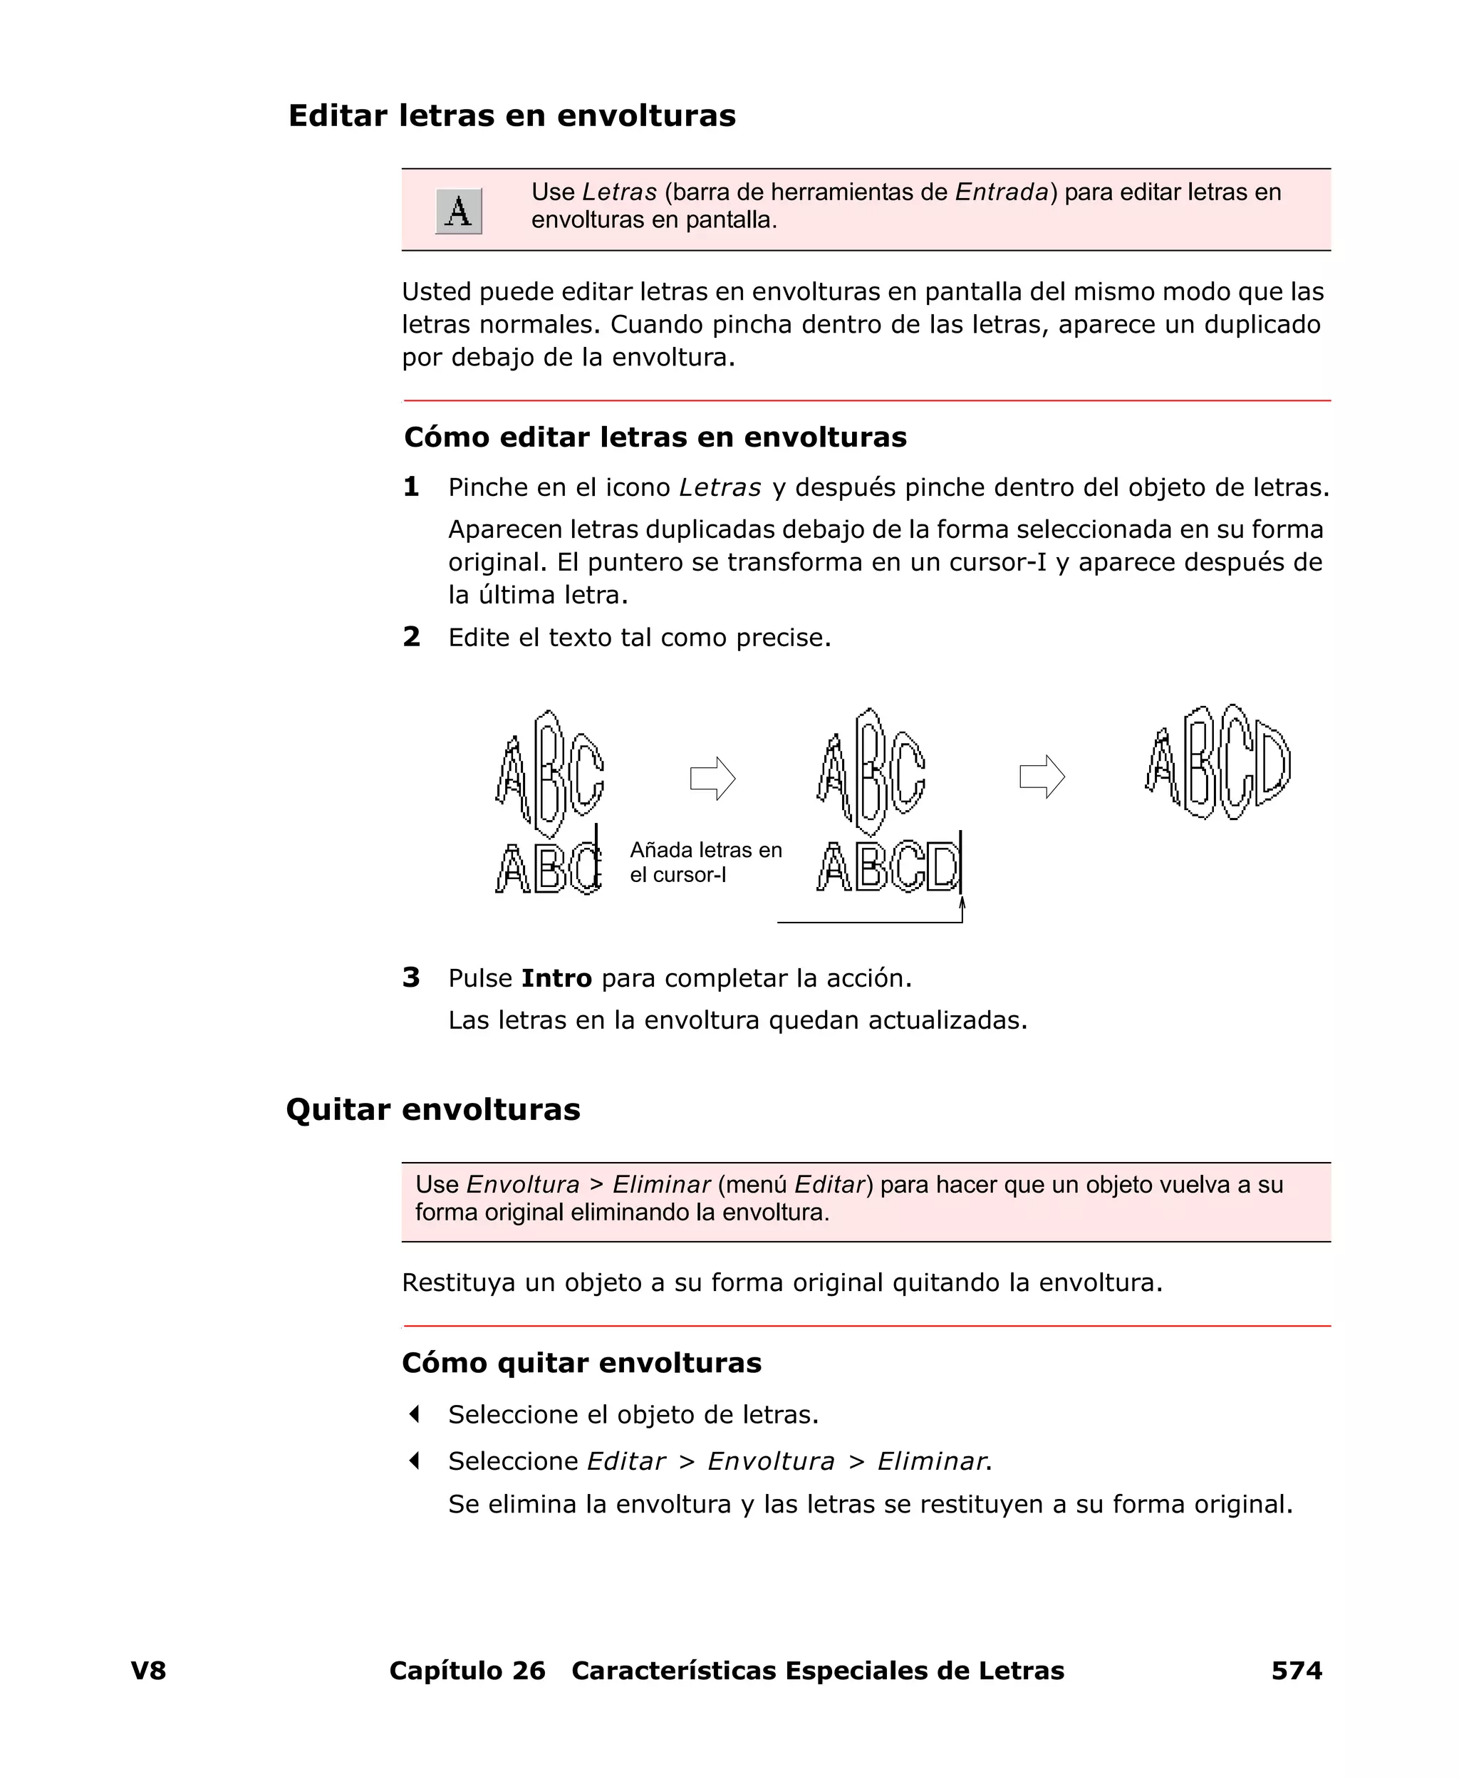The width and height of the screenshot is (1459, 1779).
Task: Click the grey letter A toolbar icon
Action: pyautogui.click(x=458, y=211)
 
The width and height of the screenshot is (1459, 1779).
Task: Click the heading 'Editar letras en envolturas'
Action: pyautogui.click(x=512, y=116)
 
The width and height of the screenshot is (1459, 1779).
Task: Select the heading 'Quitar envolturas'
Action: pyautogui.click(x=433, y=1109)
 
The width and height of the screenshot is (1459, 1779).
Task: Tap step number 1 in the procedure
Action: pyautogui.click(x=411, y=487)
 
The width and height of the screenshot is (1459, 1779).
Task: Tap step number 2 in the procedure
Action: pyautogui.click(x=411, y=636)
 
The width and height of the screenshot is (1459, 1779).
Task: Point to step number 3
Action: pyautogui.click(x=411, y=977)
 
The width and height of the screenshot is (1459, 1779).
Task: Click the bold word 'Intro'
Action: pyautogui.click(x=556, y=978)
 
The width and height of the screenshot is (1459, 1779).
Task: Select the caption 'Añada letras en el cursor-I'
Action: pyautogui.click(x=705, y=862)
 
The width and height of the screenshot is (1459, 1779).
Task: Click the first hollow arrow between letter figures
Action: pyautogui.click(x=712, y=778)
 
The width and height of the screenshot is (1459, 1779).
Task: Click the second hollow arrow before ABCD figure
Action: pyautogui.click(x=1042, y=777)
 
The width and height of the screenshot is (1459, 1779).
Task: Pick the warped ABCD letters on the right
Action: pyautogui.click(x=1217, y=763)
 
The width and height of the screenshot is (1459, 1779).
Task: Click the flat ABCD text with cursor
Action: pyautogui.click(x=889, y=866)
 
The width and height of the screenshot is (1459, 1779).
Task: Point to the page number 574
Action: pyautogui.click(x=1296, y=1671)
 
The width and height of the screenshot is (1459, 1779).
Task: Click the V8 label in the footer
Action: pyautogui.click(x=149, y=1671)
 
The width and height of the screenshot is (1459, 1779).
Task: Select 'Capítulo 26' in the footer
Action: pyautogui.click(x=467, y=1671)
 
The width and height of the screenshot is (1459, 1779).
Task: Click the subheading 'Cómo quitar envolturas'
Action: pyautogui.click(x=581, y=1362)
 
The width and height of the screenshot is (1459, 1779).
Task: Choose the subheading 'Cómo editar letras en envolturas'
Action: pyautogui.click(x=655, y=437)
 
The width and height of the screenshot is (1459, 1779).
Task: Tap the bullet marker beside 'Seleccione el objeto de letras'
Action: pyautogui.click(x=413, y=1414)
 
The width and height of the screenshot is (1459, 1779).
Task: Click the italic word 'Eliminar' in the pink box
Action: pyautogui.click(x=661, y=1185)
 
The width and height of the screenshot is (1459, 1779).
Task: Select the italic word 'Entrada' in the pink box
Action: pyautogui.click(x=1002, y=192)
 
